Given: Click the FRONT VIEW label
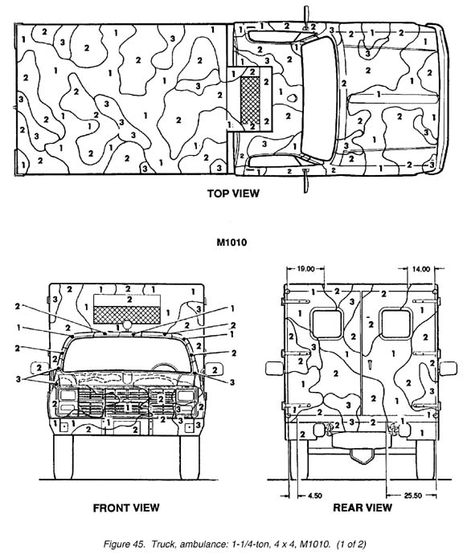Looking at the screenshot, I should point(125,507).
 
